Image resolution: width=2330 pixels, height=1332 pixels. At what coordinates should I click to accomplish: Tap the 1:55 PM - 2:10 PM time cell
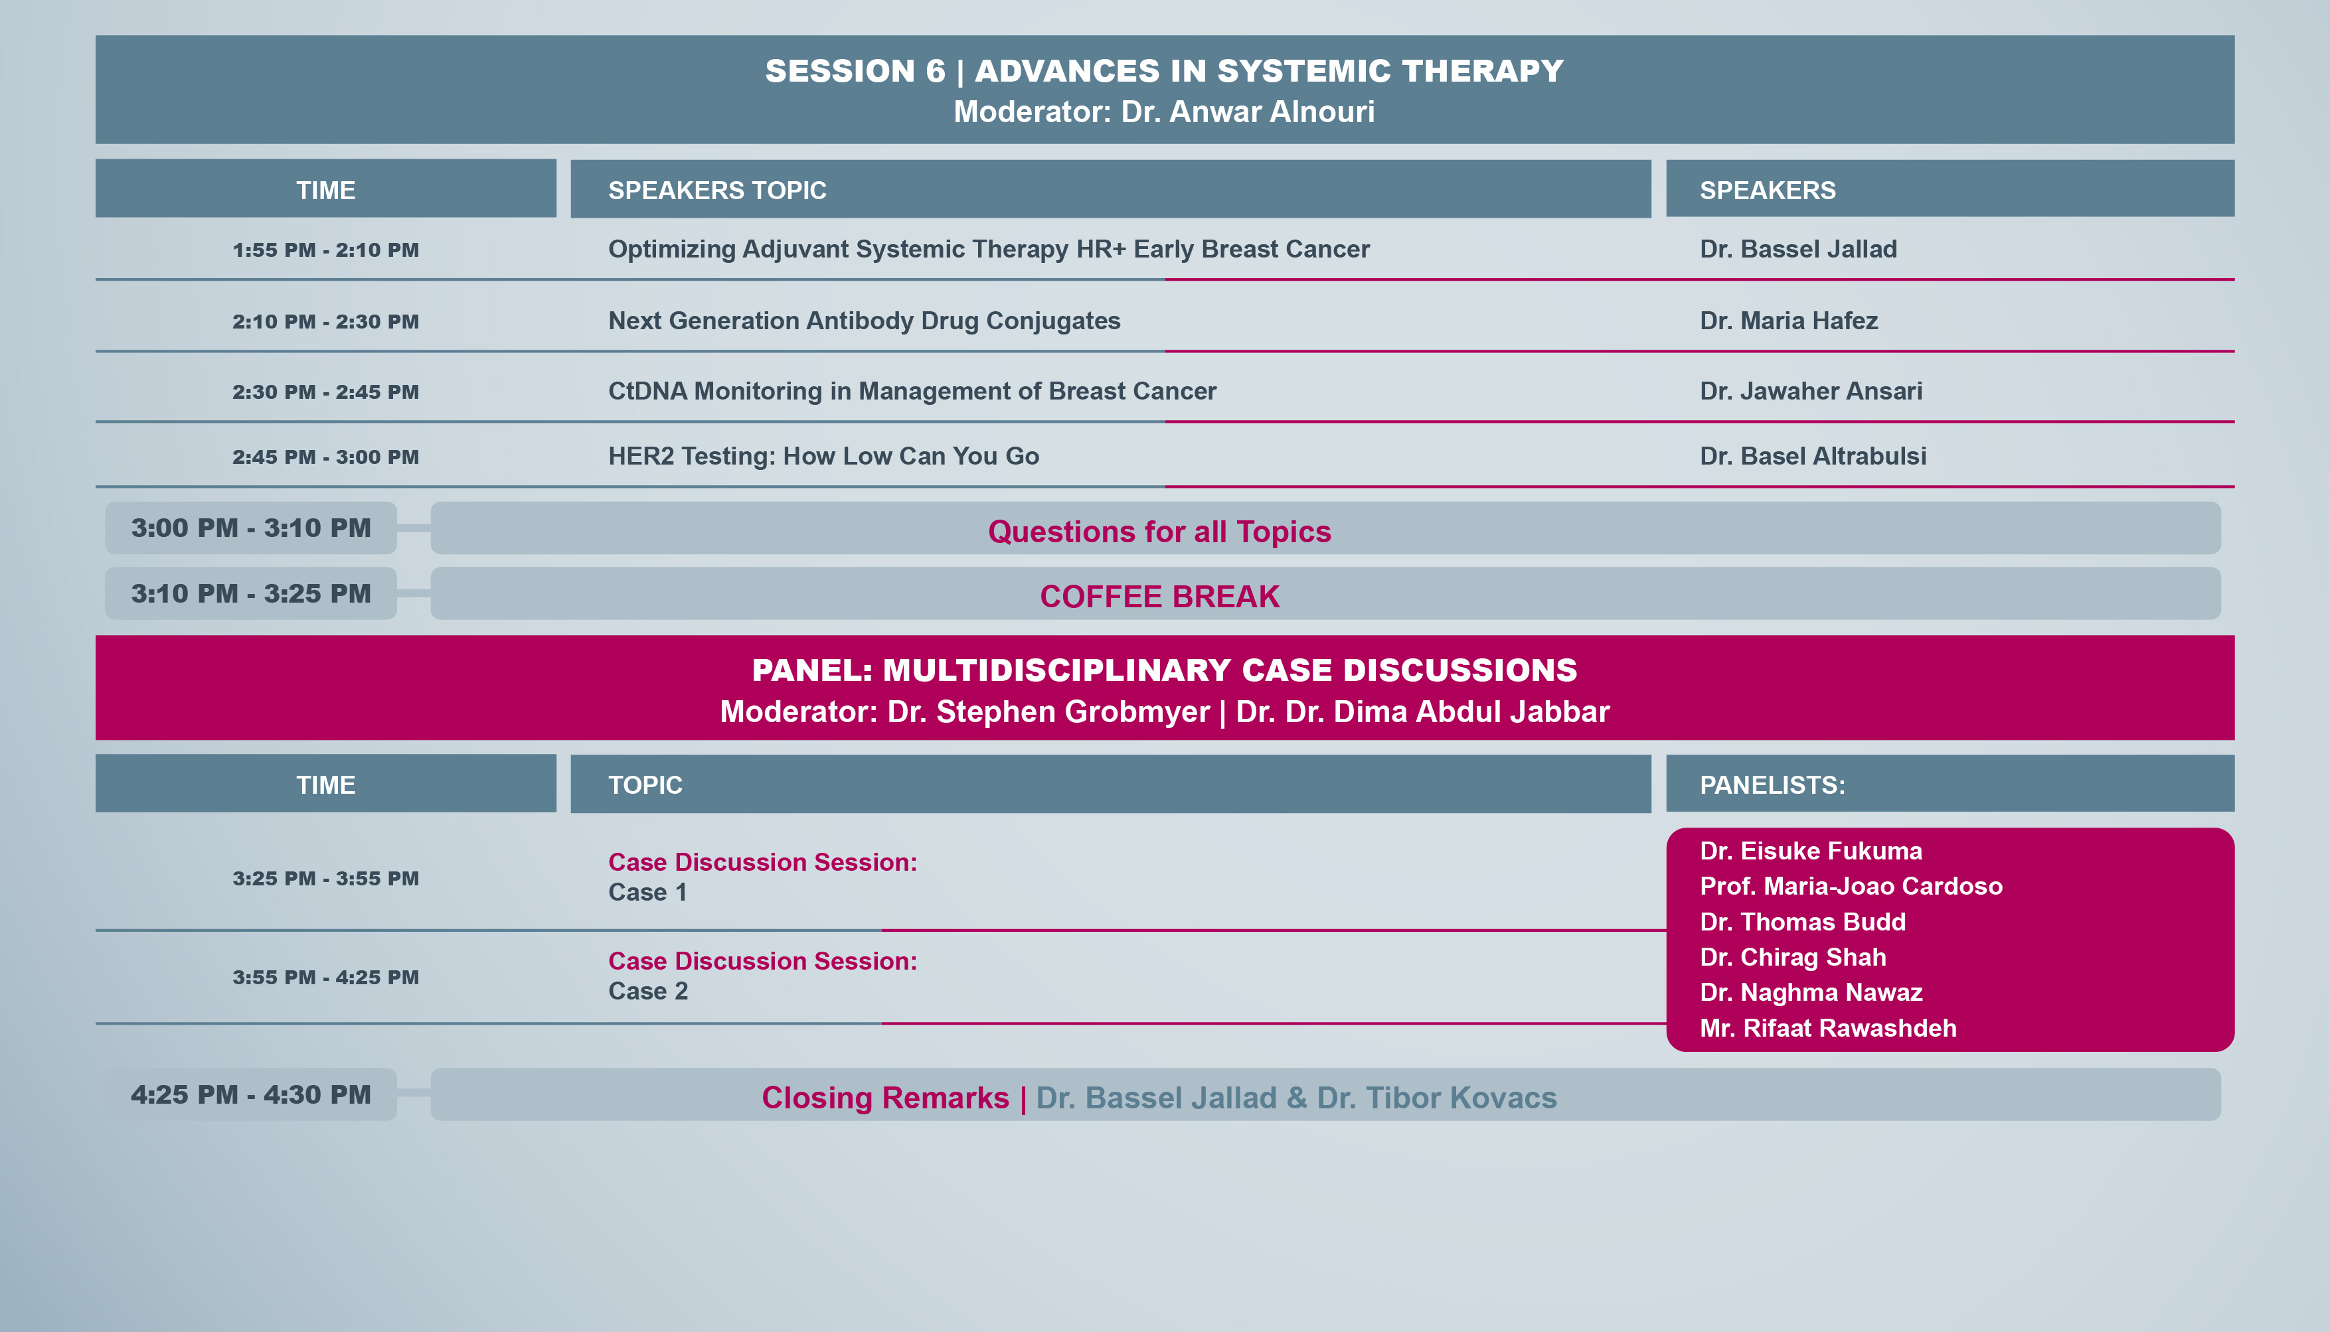[326, 250]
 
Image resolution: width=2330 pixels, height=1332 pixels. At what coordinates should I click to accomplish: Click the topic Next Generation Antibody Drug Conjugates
[864, 321]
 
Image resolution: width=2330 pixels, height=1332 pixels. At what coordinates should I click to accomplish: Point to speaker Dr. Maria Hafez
[1788, 321]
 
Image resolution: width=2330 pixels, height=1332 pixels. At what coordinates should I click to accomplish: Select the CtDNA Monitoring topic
[912, 392]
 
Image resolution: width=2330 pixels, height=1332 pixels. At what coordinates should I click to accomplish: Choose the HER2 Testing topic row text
[823, 457]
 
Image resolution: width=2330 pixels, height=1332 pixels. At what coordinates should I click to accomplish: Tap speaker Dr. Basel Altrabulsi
[1812, 457]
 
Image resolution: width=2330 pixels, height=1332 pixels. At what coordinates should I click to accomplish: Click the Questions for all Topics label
[1159, 532]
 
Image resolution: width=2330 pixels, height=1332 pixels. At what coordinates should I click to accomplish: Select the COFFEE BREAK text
[1159, 597]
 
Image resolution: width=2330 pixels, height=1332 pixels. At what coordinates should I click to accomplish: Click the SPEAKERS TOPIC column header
[718, 190]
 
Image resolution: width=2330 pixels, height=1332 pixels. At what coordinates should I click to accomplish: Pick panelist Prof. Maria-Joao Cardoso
[1851, 887]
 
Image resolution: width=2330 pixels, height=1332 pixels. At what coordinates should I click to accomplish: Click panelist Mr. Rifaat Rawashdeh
[1827, 1028]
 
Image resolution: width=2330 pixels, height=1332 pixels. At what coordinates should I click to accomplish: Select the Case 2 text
[648, 992]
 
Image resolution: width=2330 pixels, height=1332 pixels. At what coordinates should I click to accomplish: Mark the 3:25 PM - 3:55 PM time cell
[326, 878]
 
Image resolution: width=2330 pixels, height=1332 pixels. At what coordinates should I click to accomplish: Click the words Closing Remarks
[885, 1098]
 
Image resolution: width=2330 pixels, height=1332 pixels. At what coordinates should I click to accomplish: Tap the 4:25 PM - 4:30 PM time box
[251, 1094]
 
